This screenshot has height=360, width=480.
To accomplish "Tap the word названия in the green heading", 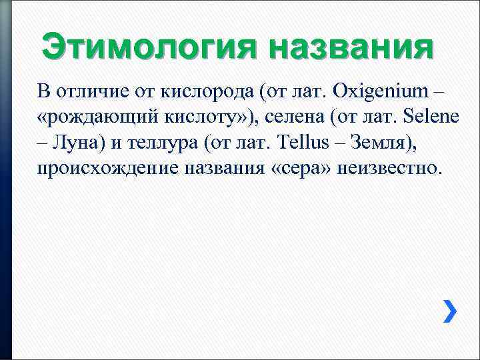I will [x=351, y=47].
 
